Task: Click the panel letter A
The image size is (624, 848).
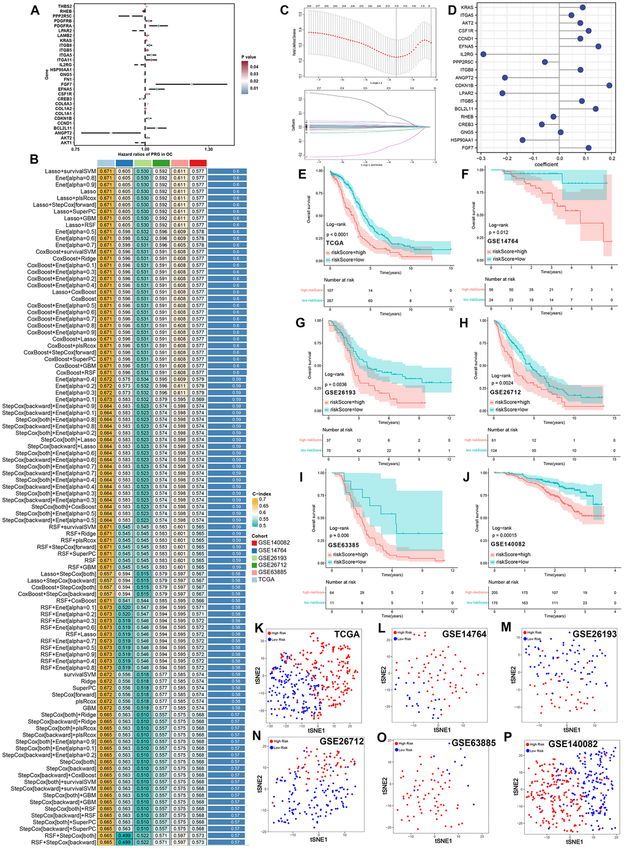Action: click(35, 10)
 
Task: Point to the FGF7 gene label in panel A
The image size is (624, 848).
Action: click(66, 84)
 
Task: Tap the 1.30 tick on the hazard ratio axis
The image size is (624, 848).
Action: click(209, 149)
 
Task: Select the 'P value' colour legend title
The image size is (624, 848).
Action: click(248, 57)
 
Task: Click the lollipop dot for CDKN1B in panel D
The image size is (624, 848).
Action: click(609, 86)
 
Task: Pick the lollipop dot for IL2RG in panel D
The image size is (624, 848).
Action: click(483, 54)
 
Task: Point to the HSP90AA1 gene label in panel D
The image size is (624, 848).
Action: click(462, 140)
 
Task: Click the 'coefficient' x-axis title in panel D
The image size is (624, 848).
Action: click(546, 164)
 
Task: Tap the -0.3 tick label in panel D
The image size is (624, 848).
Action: click(481, 158)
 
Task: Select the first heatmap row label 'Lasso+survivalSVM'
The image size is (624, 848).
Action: click(70, 171)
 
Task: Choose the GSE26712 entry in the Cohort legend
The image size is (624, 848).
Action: click(272, 565)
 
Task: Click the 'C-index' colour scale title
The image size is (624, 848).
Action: click(262, 494)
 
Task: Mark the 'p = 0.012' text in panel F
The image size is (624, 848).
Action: click(499, 232)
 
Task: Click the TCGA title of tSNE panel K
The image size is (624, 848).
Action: click(347, 634)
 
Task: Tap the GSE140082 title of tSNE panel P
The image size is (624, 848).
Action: click(573, 744)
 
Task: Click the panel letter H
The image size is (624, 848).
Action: click(463, 323)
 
